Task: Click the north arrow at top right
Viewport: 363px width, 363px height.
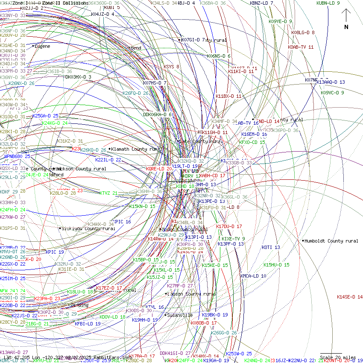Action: (x=346, y=19)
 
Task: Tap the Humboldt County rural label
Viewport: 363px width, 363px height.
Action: (x=331, y=241)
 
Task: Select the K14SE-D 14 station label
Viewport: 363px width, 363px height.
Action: (x=349, y=297)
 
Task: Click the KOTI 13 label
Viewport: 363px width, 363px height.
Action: (x=271, y=247)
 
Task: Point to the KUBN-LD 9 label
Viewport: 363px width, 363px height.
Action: (x=328, y=3)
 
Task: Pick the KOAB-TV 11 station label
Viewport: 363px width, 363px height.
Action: (x=300, y=47)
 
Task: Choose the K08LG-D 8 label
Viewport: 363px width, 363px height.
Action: (x=303, y=32)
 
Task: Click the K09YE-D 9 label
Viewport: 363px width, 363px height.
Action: (x=280, y=21)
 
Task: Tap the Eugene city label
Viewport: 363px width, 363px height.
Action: (x=42, y=46)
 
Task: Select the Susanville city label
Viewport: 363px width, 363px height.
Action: (x=179, y=315)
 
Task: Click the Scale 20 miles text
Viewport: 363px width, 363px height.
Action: (x=338, y=357)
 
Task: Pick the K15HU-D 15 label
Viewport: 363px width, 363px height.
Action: (x=276, y=265)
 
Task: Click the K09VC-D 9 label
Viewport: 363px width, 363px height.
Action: (x=332, y=93)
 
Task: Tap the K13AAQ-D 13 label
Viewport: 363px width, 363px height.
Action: (x=331, y=82)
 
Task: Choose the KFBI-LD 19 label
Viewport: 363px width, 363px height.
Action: (x=88, y=324)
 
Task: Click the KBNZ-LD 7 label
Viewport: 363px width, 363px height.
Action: (x=261, y=3)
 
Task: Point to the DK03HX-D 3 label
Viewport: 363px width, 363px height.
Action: (x=78, y=77)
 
